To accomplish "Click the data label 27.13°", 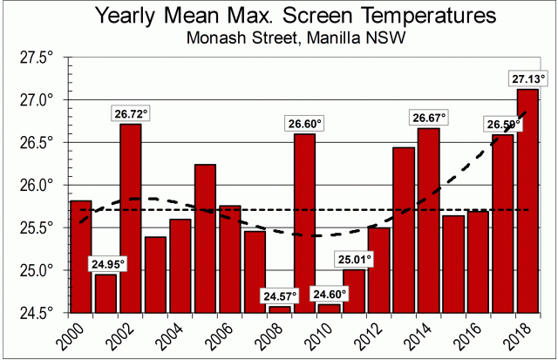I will pyautogui.click(x=527, y=79).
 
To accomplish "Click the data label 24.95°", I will pyautogui.click(x=105, y=263).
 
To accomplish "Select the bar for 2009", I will pyautogui.click(x=304, y=223).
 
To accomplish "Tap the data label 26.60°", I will pyautogui.click(x=304, y=124).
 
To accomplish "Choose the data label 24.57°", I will pyautogui.click(x=280, y=295).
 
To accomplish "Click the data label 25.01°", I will pyautogui.click(x=355, y=259).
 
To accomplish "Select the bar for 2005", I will pyautogui.click(x=205, y=238).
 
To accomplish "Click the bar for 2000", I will pyautogui.click(x=80, y=256).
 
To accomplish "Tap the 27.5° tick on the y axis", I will pyautogui.click(x=36, y=57).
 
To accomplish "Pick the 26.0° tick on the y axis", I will pyautogui.click(x=36, y=185).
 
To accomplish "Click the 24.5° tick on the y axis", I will pyautogui.click(x=36, y=312).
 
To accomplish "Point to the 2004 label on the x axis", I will pyautogui.click(x=174, y=335).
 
